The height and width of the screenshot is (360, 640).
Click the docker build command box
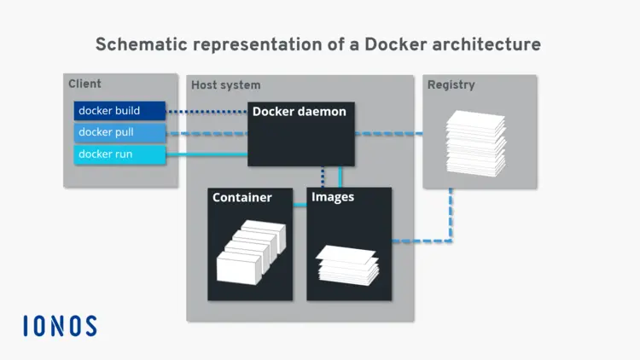(x=119, y=111)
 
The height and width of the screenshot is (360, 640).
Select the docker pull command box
(x=119, y=133)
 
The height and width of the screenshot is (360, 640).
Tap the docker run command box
(x=119, y=154)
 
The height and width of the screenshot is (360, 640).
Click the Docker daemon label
(x=299, y=112)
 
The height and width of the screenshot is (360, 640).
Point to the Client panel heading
(x=84, y=84)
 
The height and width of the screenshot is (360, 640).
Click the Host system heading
(x=225, y=85)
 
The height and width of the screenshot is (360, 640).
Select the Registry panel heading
(x=451, y=85)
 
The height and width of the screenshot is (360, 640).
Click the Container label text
(x=241, y=198)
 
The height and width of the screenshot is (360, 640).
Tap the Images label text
(x=333, y=197)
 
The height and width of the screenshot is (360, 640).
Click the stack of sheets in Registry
(x=476, y=142)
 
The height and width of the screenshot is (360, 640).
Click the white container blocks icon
(x=248, y=253)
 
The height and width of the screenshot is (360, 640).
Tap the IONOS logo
(x=60, y=326)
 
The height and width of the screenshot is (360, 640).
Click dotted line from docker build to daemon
(x=207, y=111)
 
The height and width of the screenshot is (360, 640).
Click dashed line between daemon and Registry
(x=388, y=134)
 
